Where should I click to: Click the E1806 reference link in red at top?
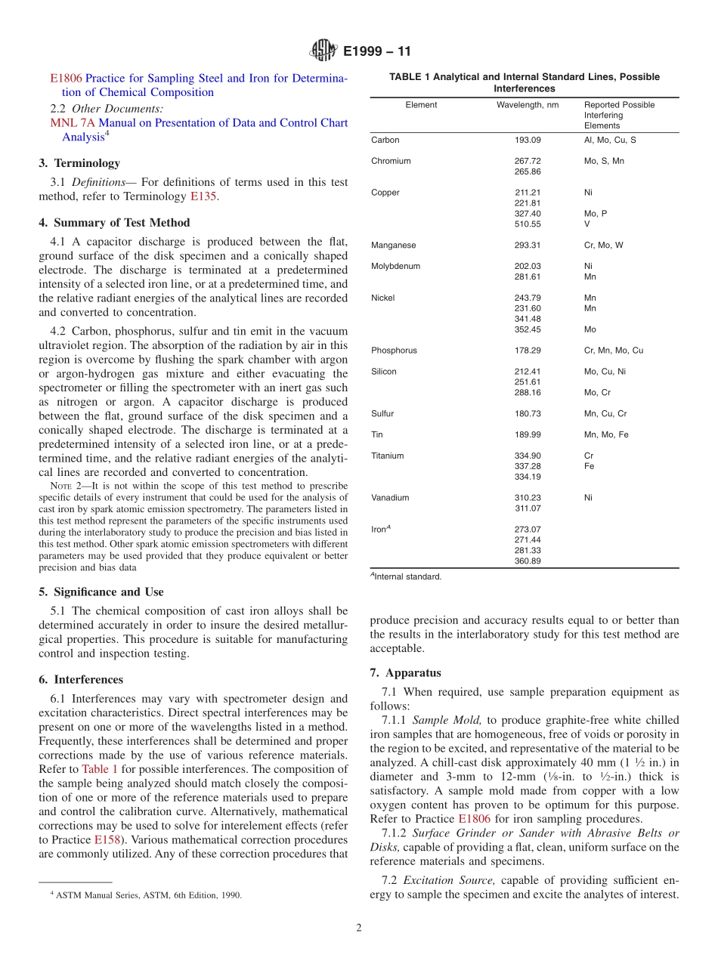tap(67, 79)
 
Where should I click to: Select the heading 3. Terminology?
tap(79, 163)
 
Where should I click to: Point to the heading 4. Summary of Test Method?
tap(114, 223)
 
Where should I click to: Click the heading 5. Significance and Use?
tap(101, 592)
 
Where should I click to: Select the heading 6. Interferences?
tap(81, 680)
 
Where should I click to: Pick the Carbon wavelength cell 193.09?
tap(528, 141)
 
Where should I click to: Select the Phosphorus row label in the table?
tap(394, 351)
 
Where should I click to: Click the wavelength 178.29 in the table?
tap(528, 351)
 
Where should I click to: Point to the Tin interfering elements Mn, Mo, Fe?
tap(606, 435)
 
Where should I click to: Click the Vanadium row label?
tap(390, 498)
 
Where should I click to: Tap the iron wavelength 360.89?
tap(528, 561)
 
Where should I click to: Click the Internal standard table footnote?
tap(406, 577)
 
